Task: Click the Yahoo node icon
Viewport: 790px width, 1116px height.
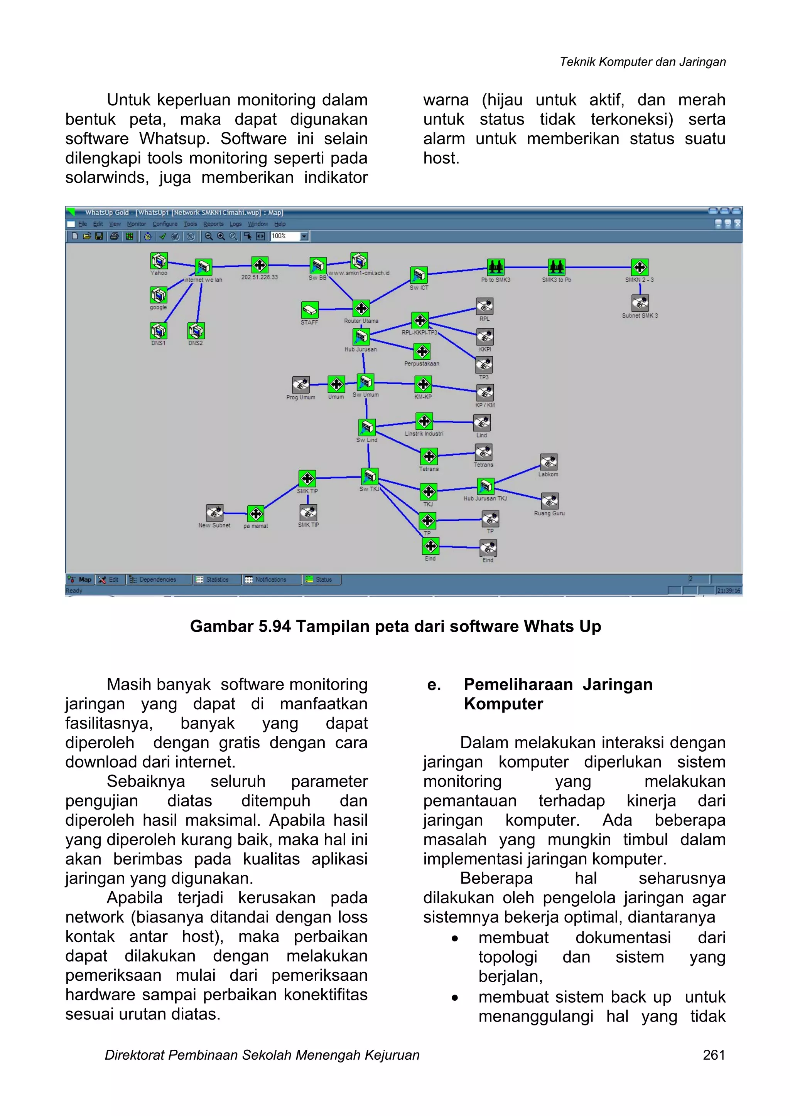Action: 159,261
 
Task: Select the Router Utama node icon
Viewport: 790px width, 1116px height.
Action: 361,308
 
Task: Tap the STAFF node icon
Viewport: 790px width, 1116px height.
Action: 309,310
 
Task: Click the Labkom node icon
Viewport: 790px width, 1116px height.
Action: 548,462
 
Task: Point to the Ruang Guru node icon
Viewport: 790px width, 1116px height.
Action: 550,501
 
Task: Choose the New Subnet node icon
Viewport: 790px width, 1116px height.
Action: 214,513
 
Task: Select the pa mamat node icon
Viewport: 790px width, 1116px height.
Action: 255,514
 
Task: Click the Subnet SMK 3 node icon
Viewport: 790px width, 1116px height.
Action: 640,303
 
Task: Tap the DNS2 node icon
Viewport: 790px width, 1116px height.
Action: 196,331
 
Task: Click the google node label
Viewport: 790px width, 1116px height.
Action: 158,307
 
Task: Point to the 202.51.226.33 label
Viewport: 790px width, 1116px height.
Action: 259,277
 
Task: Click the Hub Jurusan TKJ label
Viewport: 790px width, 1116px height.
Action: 485,498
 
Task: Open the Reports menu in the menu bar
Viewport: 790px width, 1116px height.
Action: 213,224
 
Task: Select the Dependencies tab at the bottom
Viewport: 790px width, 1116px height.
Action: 157,579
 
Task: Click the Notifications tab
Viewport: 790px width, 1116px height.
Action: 270,579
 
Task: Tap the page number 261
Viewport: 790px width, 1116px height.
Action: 714,1055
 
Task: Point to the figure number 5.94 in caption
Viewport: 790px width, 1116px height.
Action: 274,626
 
